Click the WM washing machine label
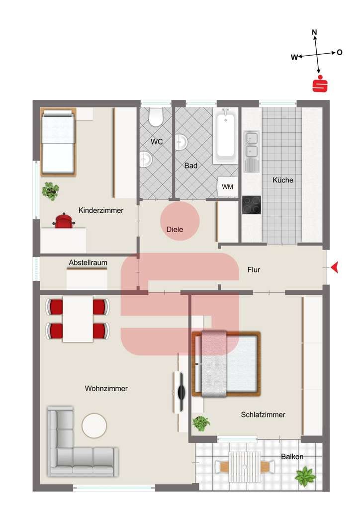coord(227,187)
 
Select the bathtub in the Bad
coord(225,136)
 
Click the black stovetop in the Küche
coord(251,205)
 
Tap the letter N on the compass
coord(314,32)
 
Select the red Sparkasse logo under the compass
coord(320,84)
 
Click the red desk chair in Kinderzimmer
coord(64,221)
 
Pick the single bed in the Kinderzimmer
coord(58,142)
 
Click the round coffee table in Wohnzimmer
coord(94,425)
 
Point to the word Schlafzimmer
coord(263,415)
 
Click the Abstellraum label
coord(88,262)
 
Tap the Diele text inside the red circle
coord(175,230)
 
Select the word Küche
coord(283,180)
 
